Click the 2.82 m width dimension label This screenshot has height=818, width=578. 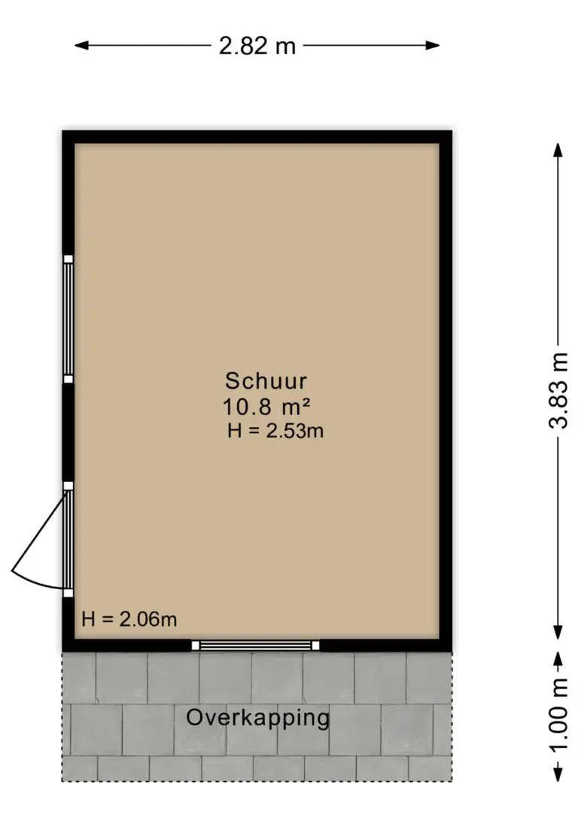(257, 46)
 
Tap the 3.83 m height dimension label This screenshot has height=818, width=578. (558, 390)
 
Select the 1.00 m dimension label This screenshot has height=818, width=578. (558, 715)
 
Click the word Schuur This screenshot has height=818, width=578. (266, 381)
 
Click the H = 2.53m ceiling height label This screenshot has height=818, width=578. (275, 431)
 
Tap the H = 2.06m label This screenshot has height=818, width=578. (129, 619)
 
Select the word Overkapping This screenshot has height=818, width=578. (258, 719)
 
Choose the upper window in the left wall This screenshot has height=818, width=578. (68, 319)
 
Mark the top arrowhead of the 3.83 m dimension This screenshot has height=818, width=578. (558, 150)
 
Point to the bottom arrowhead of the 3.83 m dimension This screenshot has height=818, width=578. (558, 632)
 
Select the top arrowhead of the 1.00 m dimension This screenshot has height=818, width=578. (558, 660)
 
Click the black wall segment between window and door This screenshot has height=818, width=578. (68, 432)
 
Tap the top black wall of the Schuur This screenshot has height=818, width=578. (257, 136)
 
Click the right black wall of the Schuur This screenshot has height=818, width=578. (446, 391)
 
